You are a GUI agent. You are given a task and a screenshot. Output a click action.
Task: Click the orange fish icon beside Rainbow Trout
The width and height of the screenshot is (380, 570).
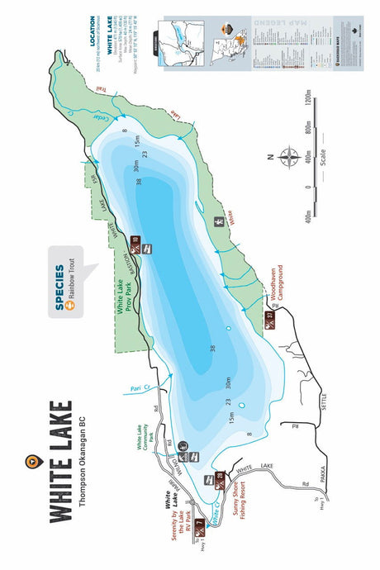[72, 305]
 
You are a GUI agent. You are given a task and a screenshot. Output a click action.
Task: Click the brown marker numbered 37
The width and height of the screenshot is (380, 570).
[270, 320]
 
